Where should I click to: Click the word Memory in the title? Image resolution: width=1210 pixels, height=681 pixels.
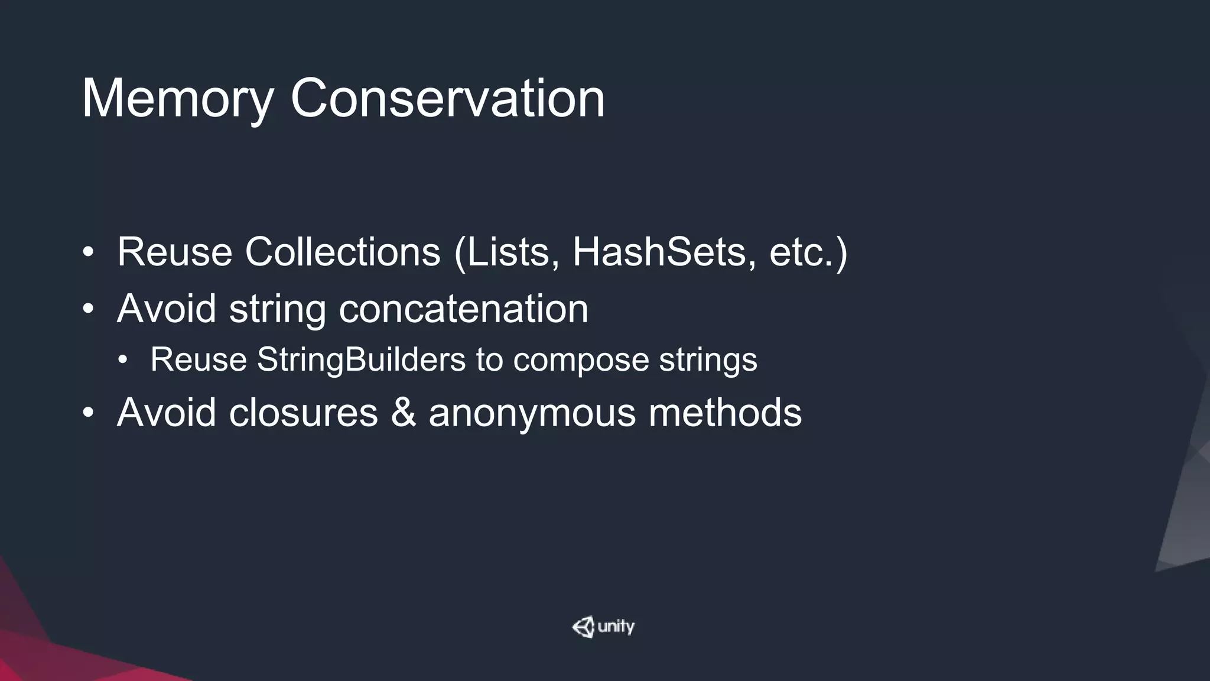click(x=177, y=99)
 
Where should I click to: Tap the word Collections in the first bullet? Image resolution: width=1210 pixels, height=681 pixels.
click(x=343, y=252)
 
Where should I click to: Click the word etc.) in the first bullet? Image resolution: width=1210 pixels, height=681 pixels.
click(x=808, y=252)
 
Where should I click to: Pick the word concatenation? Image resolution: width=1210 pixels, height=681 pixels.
click(x=463, y=309)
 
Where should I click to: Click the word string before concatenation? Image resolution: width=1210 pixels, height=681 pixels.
click(x=277, y=310)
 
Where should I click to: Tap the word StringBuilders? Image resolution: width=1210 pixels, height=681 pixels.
click(x=362, y=359)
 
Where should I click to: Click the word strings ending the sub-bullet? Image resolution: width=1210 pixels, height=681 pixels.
click(x=708, y=361)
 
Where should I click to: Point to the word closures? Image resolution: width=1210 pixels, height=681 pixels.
click(x=303, y=412)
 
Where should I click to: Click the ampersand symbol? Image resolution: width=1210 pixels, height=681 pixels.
click(x=403, y=412)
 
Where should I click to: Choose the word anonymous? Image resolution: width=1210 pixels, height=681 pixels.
click(x=532, y=413)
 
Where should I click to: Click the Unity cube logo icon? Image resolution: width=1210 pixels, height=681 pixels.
click(x=583, y=627)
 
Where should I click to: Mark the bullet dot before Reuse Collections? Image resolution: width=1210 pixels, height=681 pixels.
click(x=88, y=253)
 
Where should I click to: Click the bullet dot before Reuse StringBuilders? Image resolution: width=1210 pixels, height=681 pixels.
click(x=122, y=360)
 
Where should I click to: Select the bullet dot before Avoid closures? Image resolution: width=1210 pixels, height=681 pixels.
click(x=88, y=413)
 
